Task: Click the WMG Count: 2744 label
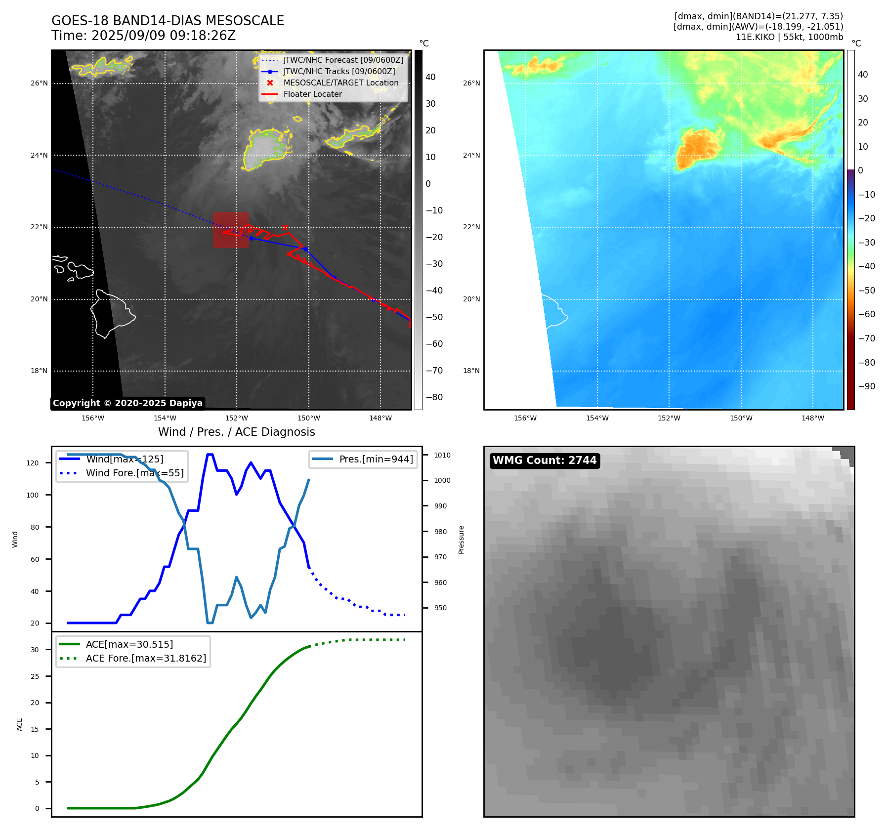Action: coord(545,460)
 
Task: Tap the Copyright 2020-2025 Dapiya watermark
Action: coord(127,403)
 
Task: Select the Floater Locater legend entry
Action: coord(312,94)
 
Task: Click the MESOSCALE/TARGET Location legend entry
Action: coord(340,83)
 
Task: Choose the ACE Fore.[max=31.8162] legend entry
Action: coord(146,658)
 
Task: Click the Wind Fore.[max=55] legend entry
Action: coord(134,473)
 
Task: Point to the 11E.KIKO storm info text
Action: coord(789,37)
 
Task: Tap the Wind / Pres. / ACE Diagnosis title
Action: coord(236,432)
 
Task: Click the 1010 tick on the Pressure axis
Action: coord(442,455)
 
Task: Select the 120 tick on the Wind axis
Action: coord(33,463)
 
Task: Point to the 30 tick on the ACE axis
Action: coord(35,650)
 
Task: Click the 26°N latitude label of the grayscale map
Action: coord(39,83)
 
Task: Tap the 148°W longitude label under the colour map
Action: coord(813,418)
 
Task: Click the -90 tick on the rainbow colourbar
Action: coord(867,386)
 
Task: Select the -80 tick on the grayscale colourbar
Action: coord(434,397)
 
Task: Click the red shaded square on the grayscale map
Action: coord(231,230)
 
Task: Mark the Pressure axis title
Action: coord(461,540)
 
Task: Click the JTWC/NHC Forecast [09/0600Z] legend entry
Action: coord(343,60)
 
